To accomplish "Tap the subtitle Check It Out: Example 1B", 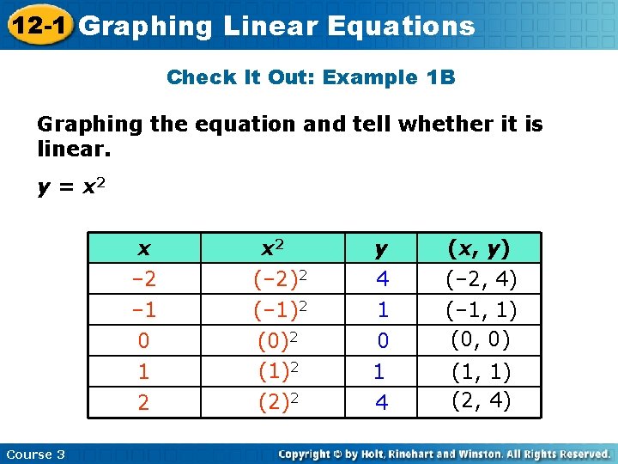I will (311, 77).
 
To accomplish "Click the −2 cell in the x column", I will (143, 279).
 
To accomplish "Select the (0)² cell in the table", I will (276, 340).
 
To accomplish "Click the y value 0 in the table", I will (383, 341).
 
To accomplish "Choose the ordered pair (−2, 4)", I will (481, 279).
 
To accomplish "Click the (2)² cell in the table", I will (276, 401).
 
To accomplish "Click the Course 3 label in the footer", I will (35, 455).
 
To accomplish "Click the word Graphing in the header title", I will (145, 26).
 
